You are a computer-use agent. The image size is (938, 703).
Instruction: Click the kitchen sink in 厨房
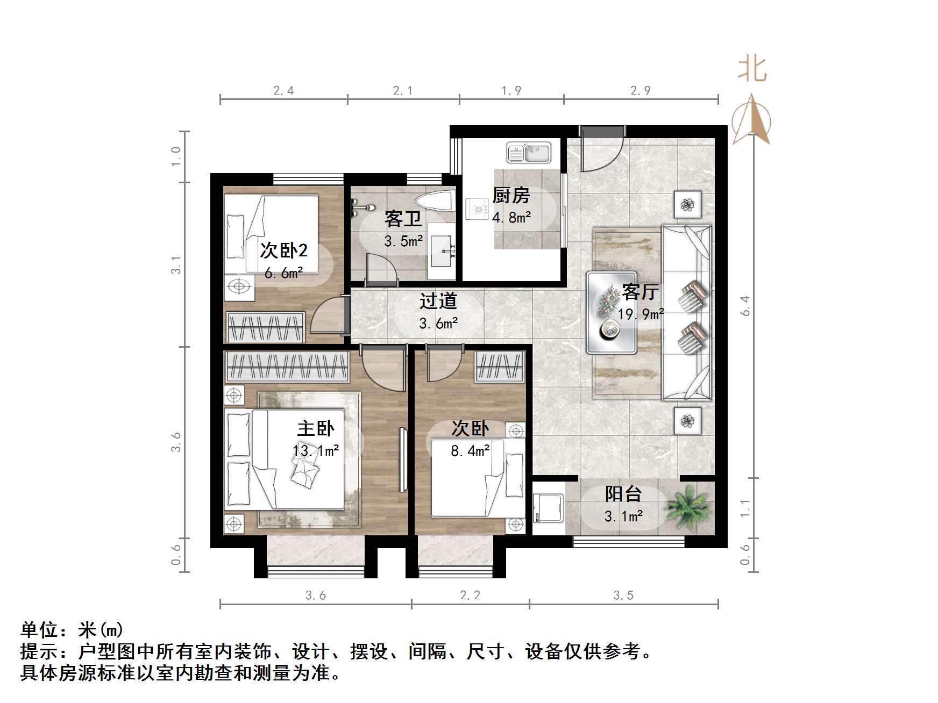click(529, 153)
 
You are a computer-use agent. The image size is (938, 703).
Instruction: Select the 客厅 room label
click(639, 292)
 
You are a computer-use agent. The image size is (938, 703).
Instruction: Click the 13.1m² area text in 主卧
click(316, 450)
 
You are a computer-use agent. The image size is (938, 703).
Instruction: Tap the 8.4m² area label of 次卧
click(470, 450)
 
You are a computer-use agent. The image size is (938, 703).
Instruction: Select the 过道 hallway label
click(438, 301)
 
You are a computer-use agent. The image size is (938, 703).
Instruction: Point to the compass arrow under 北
click(752, 121)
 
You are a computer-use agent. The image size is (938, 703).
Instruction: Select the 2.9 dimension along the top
click(641, 90)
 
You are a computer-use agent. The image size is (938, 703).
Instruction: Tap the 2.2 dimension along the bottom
click(470, 595)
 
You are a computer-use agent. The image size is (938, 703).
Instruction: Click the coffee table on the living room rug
click(612, 313)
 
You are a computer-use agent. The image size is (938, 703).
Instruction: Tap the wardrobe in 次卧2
click(265, 327)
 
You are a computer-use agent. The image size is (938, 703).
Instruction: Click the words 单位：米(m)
click(72, 629)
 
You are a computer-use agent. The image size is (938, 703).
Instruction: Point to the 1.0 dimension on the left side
click(176, 156)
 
